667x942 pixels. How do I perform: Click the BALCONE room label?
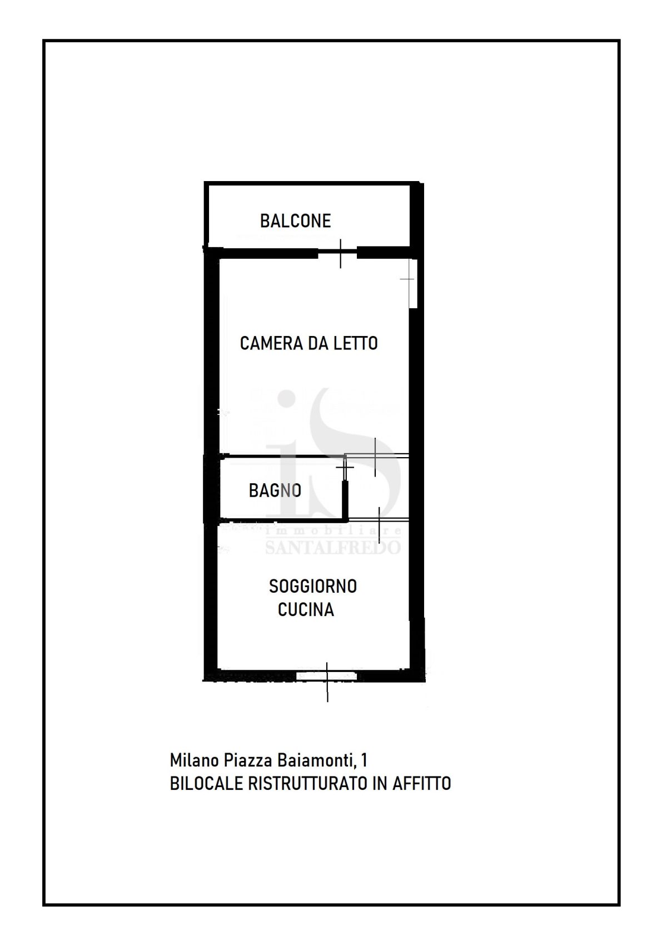pos(295,221)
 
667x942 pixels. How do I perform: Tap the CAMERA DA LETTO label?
pos(309,343)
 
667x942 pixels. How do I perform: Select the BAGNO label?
pos(275,490)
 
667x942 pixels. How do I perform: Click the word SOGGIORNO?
pos(313,586)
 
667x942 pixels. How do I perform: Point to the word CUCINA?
pos(306,609)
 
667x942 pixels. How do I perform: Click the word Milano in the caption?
pos(195,760)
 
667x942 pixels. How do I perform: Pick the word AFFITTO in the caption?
pos(422,784)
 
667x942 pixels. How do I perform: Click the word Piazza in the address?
pos(248,760)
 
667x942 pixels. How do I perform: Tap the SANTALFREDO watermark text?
pos(332,547)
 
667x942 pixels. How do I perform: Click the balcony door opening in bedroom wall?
pos(337,254)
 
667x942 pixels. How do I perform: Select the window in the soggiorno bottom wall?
pos(327,676)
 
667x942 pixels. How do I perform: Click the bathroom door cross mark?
pos(345,467)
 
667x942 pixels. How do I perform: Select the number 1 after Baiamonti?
pos(364,760)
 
